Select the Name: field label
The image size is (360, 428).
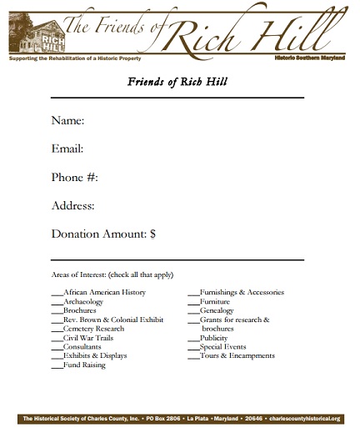(67, 121)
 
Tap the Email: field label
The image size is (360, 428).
(67, 149)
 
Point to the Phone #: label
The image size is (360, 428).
(75, 178)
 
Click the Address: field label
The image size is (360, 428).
(72, 205)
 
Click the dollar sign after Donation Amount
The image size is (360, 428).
(152, 234)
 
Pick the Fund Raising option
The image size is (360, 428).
(84, 365)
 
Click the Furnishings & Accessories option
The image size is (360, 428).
(242, 293)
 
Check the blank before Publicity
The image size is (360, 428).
(193, 338)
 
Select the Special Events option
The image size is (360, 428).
(222, 346)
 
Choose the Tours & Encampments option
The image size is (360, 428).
(237, 355)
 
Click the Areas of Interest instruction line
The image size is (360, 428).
(112, 274)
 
